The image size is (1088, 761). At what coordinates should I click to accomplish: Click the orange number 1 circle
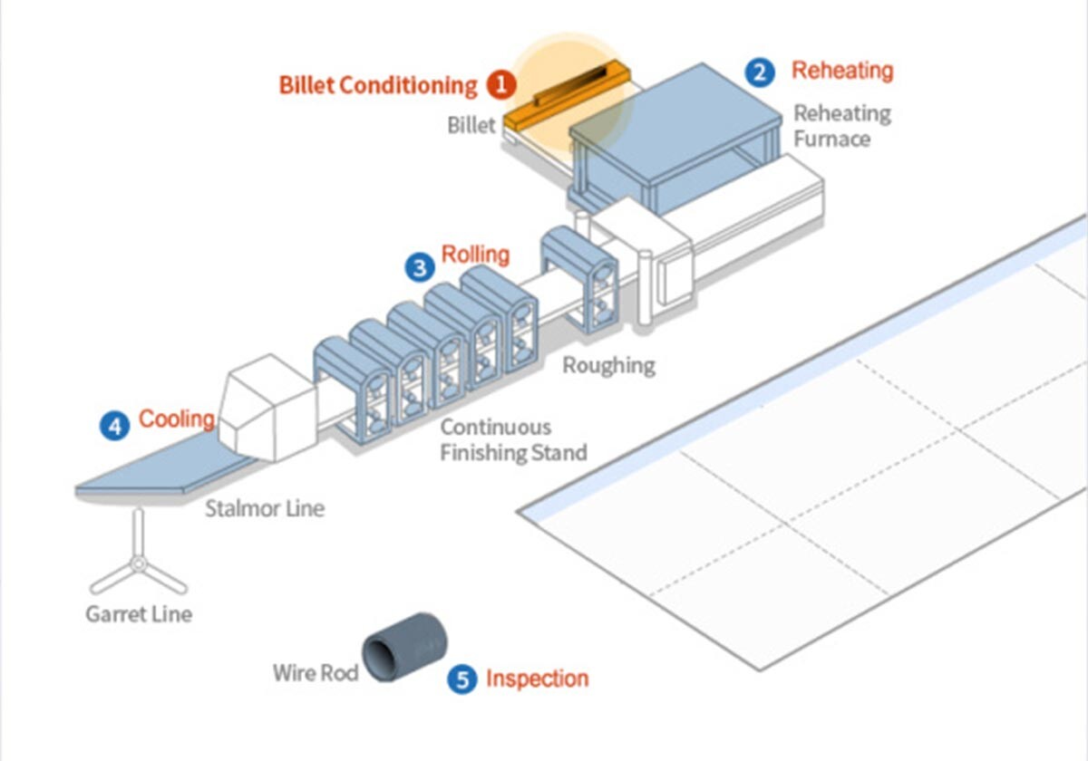tap(500, 85)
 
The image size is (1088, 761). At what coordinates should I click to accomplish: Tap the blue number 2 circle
tap(760, 72)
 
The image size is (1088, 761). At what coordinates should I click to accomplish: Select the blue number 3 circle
tap(419, 266)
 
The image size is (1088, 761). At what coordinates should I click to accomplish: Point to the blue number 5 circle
tap(462, 679)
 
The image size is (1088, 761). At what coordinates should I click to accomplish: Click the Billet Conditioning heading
tap(377, 85)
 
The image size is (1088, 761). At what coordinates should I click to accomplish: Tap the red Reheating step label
tap(842, 71)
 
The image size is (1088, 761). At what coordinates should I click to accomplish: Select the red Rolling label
tap(475, 255)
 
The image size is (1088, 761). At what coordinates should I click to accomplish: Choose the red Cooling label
tap(176, 419)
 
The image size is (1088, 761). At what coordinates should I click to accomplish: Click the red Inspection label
tap(537, 679)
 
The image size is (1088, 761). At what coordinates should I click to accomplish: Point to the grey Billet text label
tap(471, 124)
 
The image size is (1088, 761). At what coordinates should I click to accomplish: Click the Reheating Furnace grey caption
tap(841, 126)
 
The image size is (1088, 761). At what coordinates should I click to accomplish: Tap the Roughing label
tap(608, 366)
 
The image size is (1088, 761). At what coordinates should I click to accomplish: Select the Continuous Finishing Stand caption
tap(513, 439)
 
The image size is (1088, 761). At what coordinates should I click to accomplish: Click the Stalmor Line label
tap(264, 508)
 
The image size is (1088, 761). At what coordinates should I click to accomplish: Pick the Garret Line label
tap(139, 614)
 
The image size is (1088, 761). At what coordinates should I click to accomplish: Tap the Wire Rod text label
tap(316, 673)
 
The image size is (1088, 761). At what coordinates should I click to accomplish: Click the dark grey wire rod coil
tap(404, 647)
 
